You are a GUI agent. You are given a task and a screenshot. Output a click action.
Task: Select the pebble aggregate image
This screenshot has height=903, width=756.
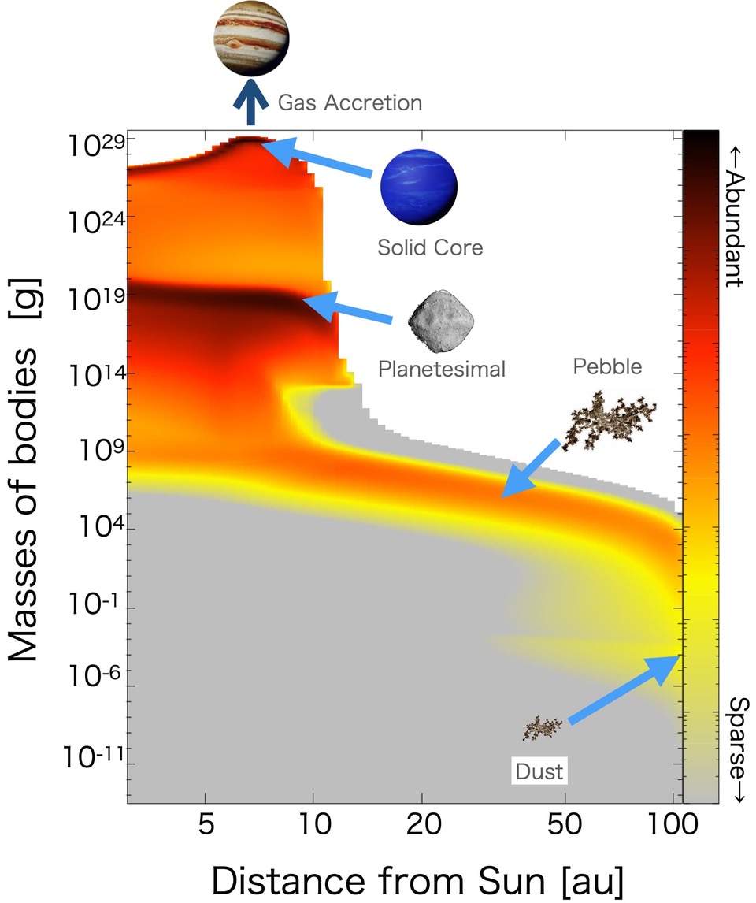610,416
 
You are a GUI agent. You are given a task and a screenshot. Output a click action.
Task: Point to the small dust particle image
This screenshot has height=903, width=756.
543,726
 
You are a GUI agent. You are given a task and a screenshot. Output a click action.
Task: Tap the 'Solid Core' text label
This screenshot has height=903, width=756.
429,247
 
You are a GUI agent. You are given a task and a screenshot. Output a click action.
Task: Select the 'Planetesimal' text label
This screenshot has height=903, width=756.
441,368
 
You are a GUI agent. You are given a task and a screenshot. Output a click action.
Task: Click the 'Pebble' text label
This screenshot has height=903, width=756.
607,366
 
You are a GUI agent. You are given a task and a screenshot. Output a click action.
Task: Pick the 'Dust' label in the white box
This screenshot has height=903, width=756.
539,771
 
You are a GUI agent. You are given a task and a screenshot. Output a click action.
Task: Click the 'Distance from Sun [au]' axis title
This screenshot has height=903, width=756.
417,877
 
